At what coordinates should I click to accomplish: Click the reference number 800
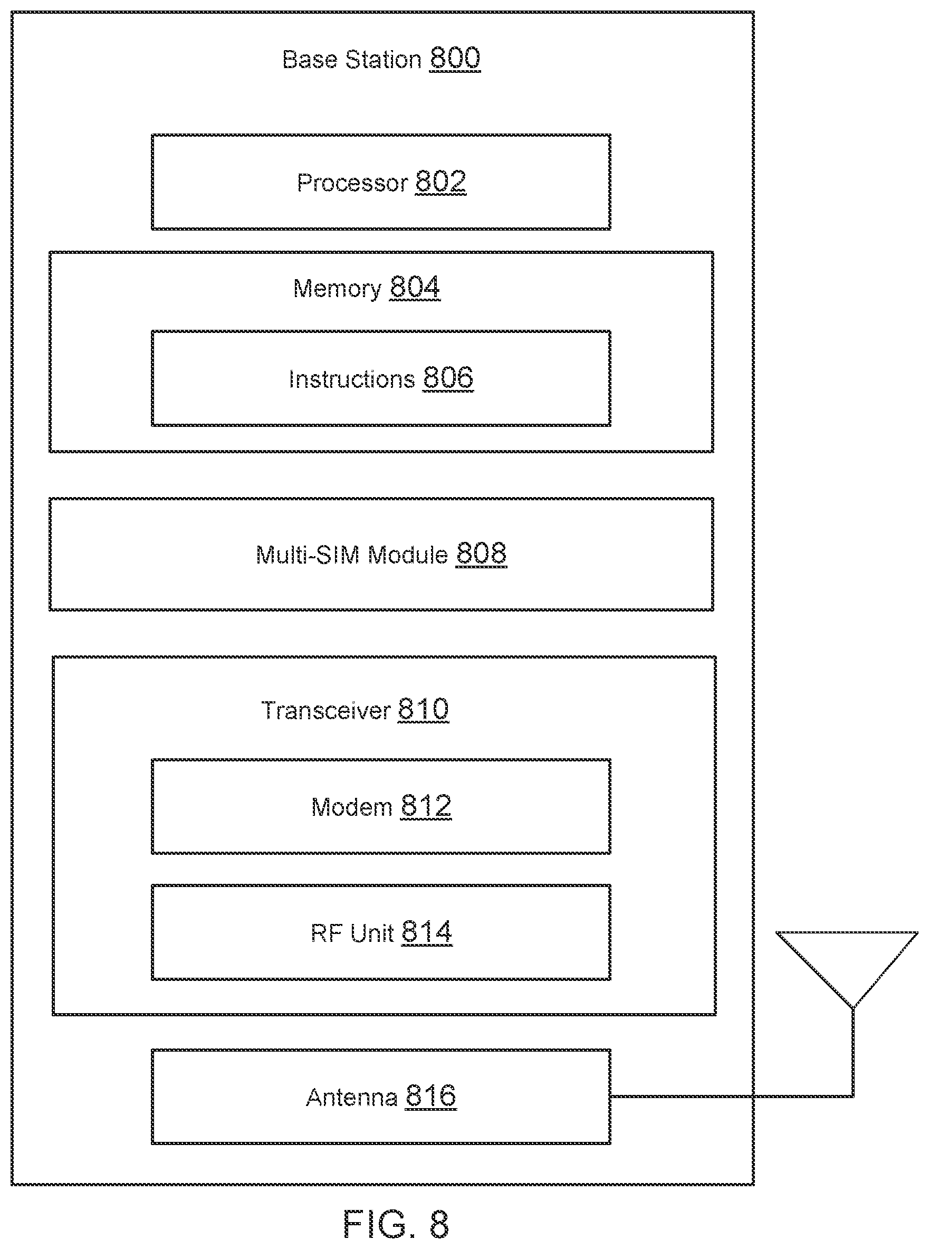click(x=455, y=58)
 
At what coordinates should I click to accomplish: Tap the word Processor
click(x=352, y=183)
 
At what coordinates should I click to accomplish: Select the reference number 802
click(x=441, y=182)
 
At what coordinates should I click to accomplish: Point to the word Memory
click(x=338, y=289)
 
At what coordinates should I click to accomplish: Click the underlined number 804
click(x=415, y=288)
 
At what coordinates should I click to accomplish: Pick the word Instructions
click(x=352, y=379)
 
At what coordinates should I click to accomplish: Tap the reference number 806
click(x=448, y=378)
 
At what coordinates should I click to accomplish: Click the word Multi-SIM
click(x=308, y=555)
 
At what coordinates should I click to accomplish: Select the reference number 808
click(x=481, y=554)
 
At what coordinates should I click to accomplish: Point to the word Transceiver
click(x=325, y=710)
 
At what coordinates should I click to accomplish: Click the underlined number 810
click(x=424, y=709)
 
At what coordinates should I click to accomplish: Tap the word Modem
click(x=352, y=807)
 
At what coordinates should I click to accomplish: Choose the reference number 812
click(x=426, y=806)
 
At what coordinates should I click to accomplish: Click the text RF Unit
click(x=352, y=933)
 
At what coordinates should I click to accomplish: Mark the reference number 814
click(x=427, y=932)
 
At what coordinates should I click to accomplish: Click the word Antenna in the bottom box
click(x=352, y=1097)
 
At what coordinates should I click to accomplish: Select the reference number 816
click(x=432, y=1096)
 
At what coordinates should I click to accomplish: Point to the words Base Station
click(x=352, y=60)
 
